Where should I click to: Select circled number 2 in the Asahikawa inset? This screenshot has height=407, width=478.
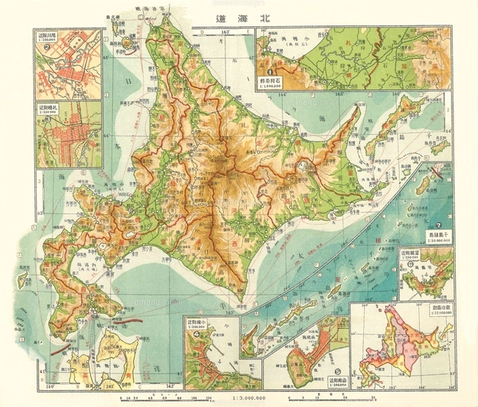[48, 46]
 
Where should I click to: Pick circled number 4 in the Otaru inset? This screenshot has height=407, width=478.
[196, 333]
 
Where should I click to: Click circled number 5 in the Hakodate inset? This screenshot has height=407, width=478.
[338, 371]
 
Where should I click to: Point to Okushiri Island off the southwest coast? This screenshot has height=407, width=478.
[23, 279]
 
